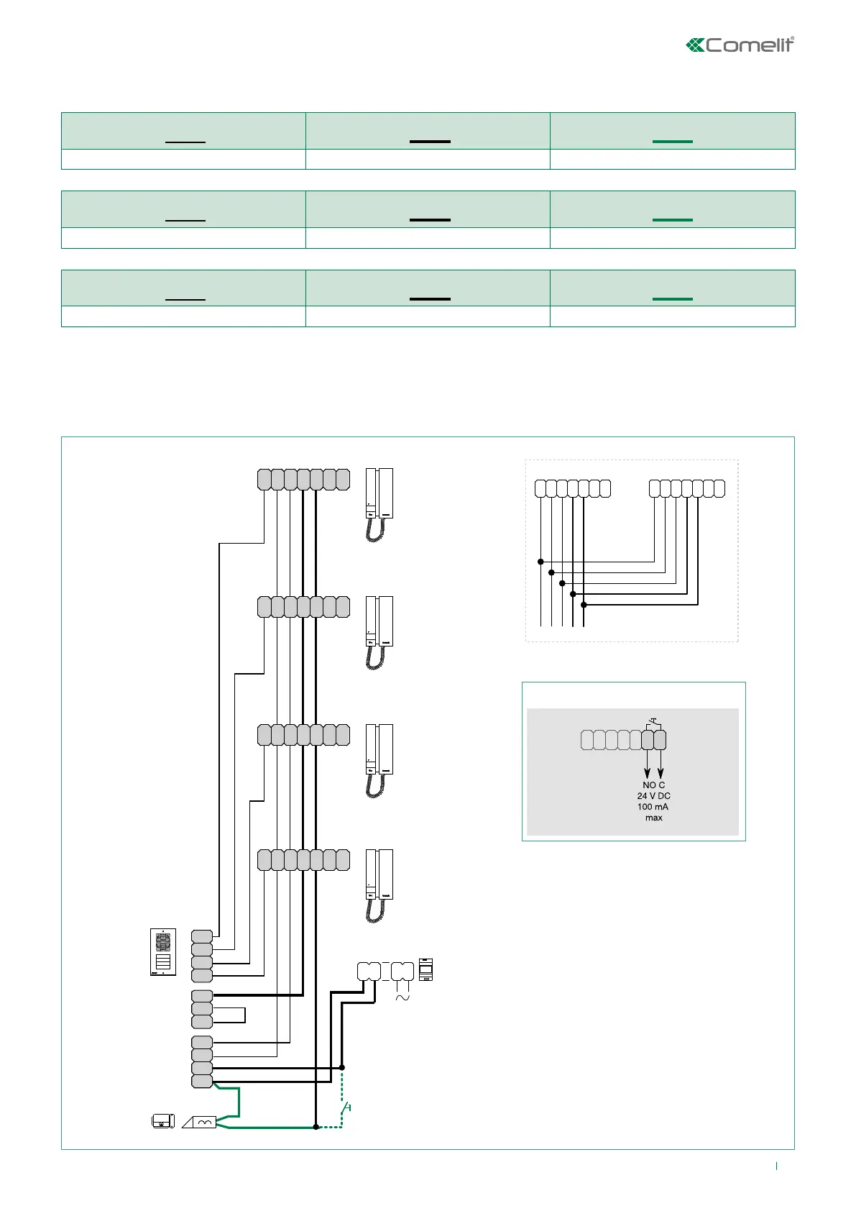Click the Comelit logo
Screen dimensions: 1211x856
pos(740,45)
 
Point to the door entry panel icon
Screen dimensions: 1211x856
pos(163,952)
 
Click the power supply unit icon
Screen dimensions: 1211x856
pos(426,969)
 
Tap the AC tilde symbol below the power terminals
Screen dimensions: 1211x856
pos(403,997)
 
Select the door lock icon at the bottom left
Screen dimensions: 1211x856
pos(163,1121)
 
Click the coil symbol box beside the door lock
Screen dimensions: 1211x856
pos(201,1122)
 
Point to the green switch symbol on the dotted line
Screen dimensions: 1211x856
pos(346,1107)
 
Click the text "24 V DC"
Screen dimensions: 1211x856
pos(653,796)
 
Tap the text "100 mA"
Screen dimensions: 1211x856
pos(653,807)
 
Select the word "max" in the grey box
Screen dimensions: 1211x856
pos(653,818)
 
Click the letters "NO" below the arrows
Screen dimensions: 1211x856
pos(649,785)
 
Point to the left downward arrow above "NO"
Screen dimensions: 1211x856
pos(648,769)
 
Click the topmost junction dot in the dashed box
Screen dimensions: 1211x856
pos(540,562)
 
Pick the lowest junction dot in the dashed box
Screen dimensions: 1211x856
pos(584,605)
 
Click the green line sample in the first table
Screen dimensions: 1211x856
pos(673,142)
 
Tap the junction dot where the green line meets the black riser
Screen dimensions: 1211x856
pos(316,1127)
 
